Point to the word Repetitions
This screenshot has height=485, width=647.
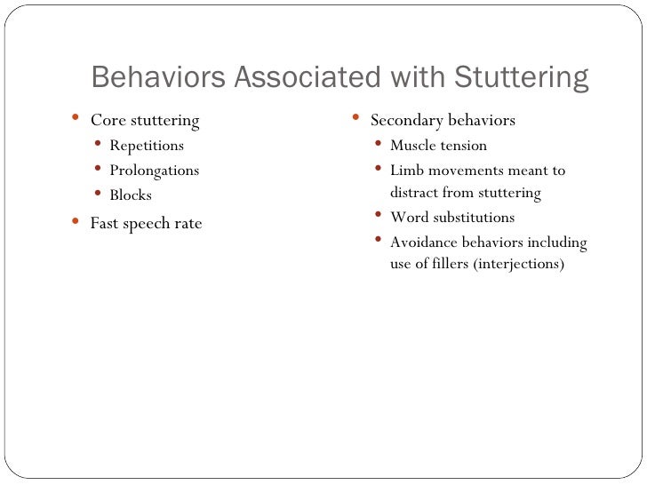[147, 146]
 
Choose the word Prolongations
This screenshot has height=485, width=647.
[154, 171]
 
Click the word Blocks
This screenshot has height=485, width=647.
[131, 195]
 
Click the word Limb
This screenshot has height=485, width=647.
[407, 171]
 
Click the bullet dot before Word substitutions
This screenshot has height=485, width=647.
[379, 216]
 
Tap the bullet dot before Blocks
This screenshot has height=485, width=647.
[98, 194]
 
